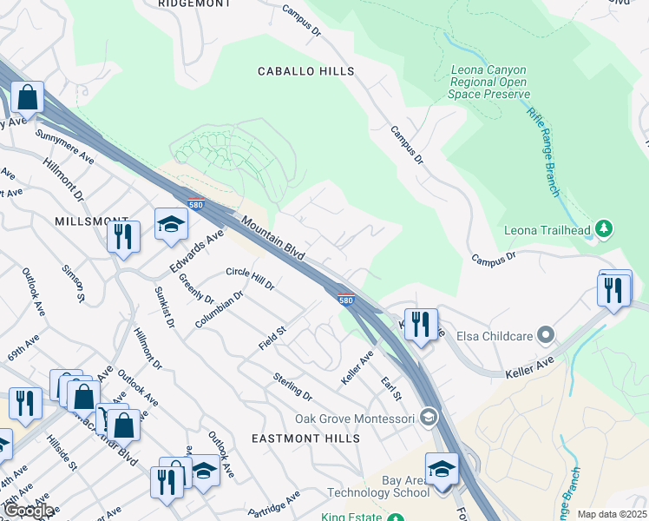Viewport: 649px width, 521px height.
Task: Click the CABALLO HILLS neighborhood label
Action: click(305, 71)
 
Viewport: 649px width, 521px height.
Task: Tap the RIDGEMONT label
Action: click(194, 3)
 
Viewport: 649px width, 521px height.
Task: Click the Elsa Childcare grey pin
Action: click(545, 334)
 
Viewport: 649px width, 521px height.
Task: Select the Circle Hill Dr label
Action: click(250, 279)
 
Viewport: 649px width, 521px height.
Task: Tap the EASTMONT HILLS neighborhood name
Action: click(305, 439)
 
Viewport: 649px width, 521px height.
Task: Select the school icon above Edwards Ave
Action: click(171, 225)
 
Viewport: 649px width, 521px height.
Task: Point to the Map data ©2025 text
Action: click(612, 514)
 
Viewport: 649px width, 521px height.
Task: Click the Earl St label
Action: click(392, 388)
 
